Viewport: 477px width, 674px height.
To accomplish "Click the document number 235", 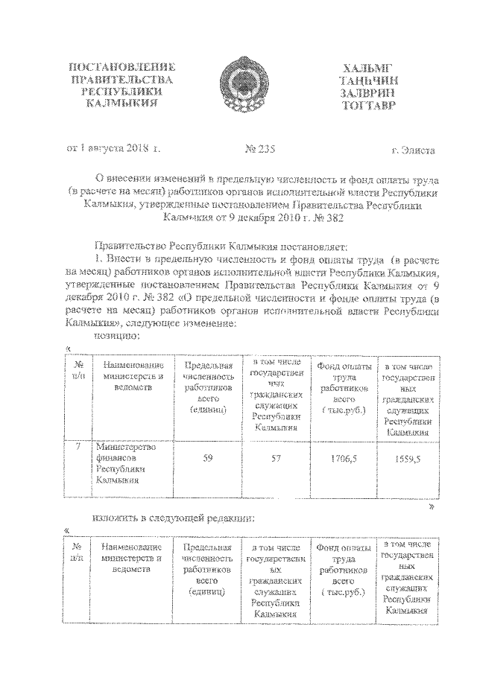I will pyautogui.click(x=260, y=150).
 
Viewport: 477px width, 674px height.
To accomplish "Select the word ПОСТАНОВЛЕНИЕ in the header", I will pyautogui.click(x=121, y=66).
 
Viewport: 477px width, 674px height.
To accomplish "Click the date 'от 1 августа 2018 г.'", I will pyautogui.click(x=113, y=150).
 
